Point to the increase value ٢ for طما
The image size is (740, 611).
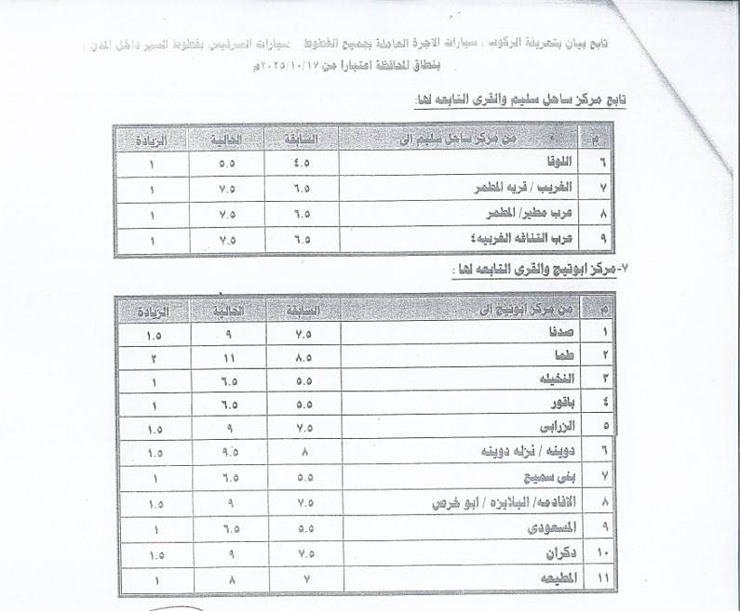(x=155, y=354)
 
